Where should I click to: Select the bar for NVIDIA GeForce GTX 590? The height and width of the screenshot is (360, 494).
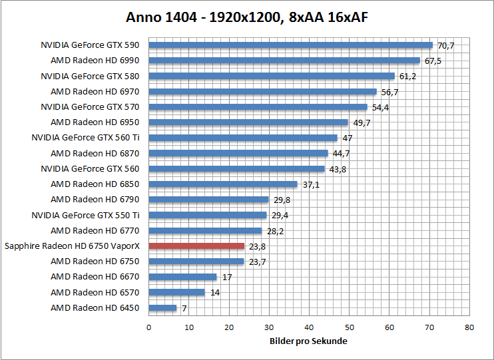(290, 45)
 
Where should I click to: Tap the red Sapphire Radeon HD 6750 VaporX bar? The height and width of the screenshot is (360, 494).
(196, 246)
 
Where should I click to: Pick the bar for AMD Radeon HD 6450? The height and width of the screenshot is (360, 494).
(162, 308)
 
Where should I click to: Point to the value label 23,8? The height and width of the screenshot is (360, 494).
(257, 246)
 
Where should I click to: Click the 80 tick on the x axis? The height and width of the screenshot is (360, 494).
(469, 327)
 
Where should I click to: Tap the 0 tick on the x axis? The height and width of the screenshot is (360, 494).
(148, 327)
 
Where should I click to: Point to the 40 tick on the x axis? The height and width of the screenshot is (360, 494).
(309, 327)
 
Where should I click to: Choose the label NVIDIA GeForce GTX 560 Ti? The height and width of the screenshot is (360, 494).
(85, 138)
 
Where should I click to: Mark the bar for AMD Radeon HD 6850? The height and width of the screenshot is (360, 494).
(223, 184)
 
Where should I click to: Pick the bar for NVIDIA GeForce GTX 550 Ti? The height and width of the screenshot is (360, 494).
(207, 215)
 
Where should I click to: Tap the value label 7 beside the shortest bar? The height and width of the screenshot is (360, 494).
(184, 308)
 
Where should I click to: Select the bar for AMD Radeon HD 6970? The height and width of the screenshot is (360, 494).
(262, 92)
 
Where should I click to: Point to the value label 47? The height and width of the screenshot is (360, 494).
(347, 138)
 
